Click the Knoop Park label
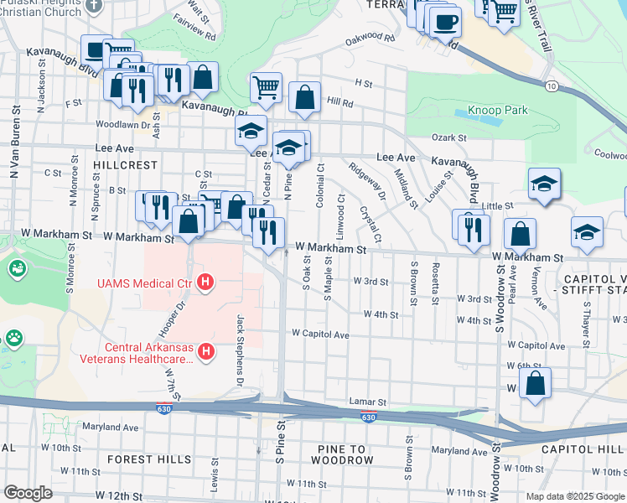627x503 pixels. [497, 110]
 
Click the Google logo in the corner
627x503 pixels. [28, 493]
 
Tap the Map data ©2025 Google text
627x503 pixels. [574, 496]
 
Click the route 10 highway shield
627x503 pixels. [550, 86]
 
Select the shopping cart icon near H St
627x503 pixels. [266, 87]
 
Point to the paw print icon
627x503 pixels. [15, 339]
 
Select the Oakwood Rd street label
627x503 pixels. [370, 38]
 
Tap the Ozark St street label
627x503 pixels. [448, 137]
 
